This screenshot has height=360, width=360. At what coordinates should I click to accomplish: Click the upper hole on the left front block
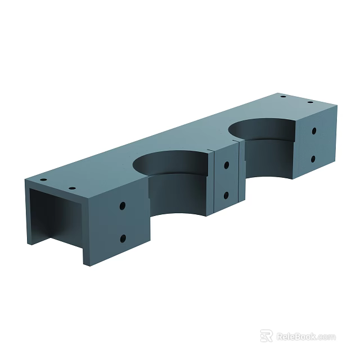[x=123, y=206]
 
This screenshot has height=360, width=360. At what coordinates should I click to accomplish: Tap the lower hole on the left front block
[x=123, y=238]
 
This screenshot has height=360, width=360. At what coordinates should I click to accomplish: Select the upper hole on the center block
[x=226, y=165]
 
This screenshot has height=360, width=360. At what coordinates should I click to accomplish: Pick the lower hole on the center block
[x=226, y=195]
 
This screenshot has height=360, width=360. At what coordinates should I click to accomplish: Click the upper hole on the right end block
[x=313, y=130]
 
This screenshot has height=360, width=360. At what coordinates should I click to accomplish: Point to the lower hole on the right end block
[x=313, y=159]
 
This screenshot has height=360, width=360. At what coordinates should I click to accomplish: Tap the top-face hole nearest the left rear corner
[x=43, y=180]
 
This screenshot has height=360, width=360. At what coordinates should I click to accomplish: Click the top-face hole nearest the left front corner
[x=71, y=188]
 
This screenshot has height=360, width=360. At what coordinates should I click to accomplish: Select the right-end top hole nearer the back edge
[x=283, y=96]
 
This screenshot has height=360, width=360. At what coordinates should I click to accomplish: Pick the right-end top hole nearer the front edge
[x=309, y=102]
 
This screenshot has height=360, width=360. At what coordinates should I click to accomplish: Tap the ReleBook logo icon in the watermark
[x=266, y=336]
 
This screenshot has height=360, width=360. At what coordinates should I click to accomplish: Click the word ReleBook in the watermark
[x=296, y=336]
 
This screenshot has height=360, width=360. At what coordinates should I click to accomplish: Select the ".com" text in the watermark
[x=326, y=337]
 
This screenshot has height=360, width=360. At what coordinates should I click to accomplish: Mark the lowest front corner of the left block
[x=84, y=265]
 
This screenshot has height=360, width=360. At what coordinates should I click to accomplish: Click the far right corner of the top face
[x=337, y=107]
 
